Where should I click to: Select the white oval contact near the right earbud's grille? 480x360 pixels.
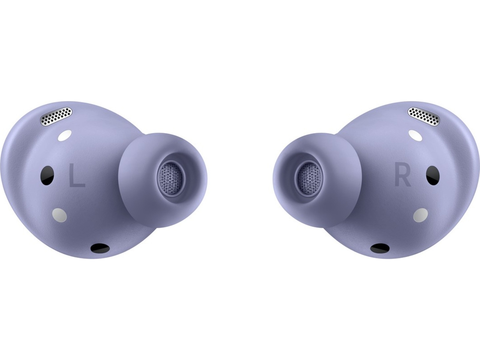click(x=415, y=135)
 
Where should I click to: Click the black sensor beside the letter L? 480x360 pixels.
click(x=47, y=175)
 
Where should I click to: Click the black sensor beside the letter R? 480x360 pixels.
click(x=433, y=175)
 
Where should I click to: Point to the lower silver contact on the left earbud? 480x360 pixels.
click(x=59, y=215)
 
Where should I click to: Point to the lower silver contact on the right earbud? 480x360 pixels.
click(x=421, y=215)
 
